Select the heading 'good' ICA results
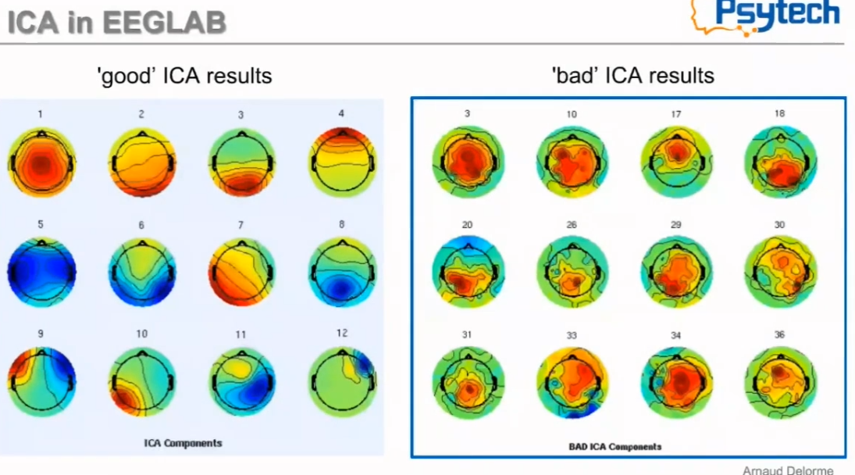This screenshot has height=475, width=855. click(x=184, y=76)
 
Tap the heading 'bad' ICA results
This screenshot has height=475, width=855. click(x=632, y=76)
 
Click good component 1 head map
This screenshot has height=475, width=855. click(x=41, y=162)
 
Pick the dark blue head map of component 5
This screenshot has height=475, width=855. click(x=41, y=271)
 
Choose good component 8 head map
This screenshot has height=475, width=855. click(x=342, y=271)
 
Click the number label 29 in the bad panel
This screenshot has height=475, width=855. click(x=675, y=225)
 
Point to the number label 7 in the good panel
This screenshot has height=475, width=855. click(x=240, y=225)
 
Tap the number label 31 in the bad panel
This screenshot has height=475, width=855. click(x=467, y=335)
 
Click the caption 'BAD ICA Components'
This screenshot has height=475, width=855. click(x=615, y=447)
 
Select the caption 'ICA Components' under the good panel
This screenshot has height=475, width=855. click(x=183, y=443)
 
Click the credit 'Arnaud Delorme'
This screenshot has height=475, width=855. click(x=787, y=470)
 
